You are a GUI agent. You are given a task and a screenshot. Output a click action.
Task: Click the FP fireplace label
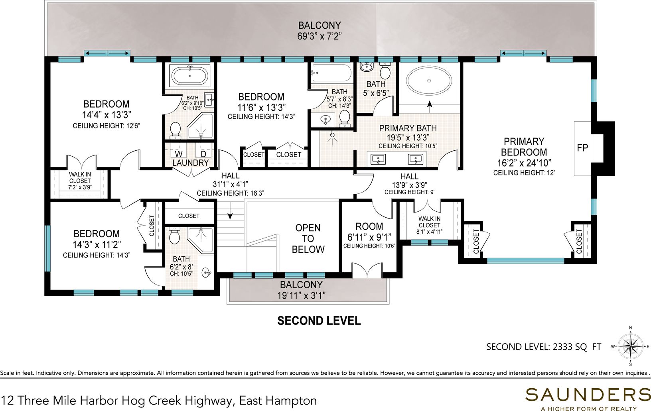[582, 148]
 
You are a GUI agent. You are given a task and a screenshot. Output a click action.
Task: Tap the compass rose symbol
[630, 346]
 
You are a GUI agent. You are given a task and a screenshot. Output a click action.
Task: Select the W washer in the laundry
[179, 153]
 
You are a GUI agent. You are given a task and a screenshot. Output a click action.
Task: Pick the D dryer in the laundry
[203, 153]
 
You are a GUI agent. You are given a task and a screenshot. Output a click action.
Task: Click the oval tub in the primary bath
[429, 81]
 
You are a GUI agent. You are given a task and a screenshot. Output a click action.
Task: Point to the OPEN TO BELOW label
[308, 238]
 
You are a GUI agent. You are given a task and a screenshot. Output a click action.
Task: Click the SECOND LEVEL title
[319, 321]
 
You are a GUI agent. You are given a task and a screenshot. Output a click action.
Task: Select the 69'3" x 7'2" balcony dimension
[319, 36]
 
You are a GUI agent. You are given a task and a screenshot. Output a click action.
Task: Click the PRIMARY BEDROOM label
[524, 147]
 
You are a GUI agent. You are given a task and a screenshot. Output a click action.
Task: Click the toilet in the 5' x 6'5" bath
[385, 71]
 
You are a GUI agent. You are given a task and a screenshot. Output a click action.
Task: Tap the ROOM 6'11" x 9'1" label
[369, 232]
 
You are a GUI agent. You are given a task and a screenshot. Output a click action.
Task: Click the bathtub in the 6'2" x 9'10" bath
[190, 75]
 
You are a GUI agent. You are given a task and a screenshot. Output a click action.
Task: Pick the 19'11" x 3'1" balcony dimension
[301, 296]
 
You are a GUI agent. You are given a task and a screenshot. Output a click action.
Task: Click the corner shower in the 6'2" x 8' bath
[201, 240]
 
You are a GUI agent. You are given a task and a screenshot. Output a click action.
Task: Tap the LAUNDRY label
[190, 163]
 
